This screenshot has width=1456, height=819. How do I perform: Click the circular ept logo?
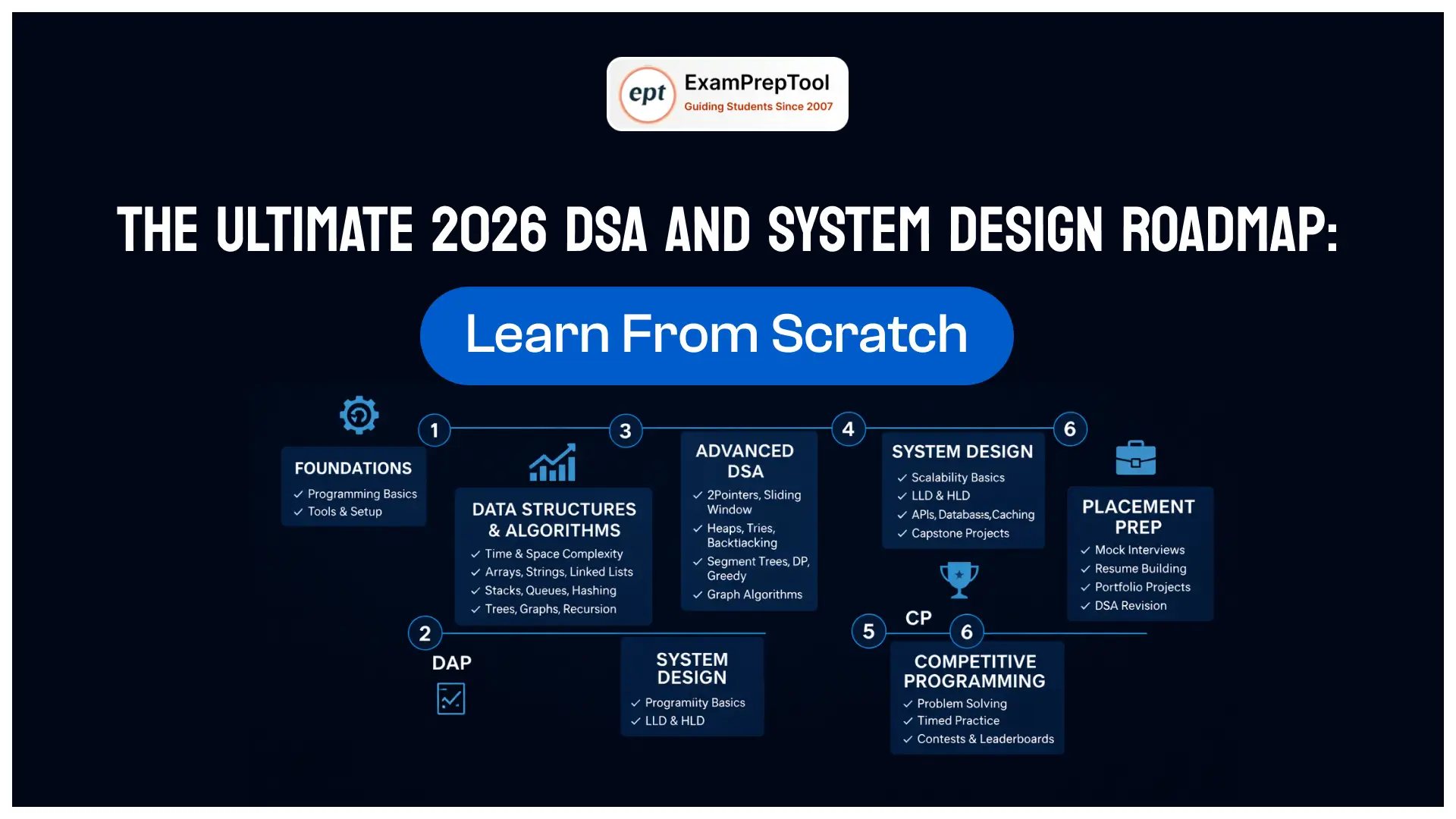(x=647, y=95)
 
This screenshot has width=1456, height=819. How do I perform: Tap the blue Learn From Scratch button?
(x=717, y=335)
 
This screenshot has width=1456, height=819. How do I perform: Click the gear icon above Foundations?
(x=359, y=415)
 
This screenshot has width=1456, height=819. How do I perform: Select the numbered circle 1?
(x=435, y=430)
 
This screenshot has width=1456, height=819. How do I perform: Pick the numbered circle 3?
(x=626, y=431)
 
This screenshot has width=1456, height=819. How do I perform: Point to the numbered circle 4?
(x=849, y=429)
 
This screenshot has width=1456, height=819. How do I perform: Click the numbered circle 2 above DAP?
(x=425, y=633)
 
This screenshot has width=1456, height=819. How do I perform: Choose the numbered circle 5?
(x=869, y=631)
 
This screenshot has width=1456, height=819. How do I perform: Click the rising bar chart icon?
(x=553, y=462)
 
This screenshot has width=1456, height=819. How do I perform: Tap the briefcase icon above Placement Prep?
(x=1136, y=457)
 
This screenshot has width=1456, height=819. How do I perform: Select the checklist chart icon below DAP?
(x=451, y=698)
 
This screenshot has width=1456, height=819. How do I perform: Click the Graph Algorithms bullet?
(x=748, y=595)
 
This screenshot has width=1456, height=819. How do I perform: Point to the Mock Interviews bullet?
(x=1132, y=550)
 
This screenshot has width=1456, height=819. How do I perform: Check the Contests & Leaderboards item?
(x=978, y=739)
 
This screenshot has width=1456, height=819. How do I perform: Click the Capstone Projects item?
(x=953, y=533)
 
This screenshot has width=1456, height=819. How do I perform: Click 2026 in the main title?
(x=489, y=230)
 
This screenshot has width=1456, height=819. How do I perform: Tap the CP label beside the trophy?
(x=918, y=618)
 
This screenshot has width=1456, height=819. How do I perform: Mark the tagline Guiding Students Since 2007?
(x=758, y=106)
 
